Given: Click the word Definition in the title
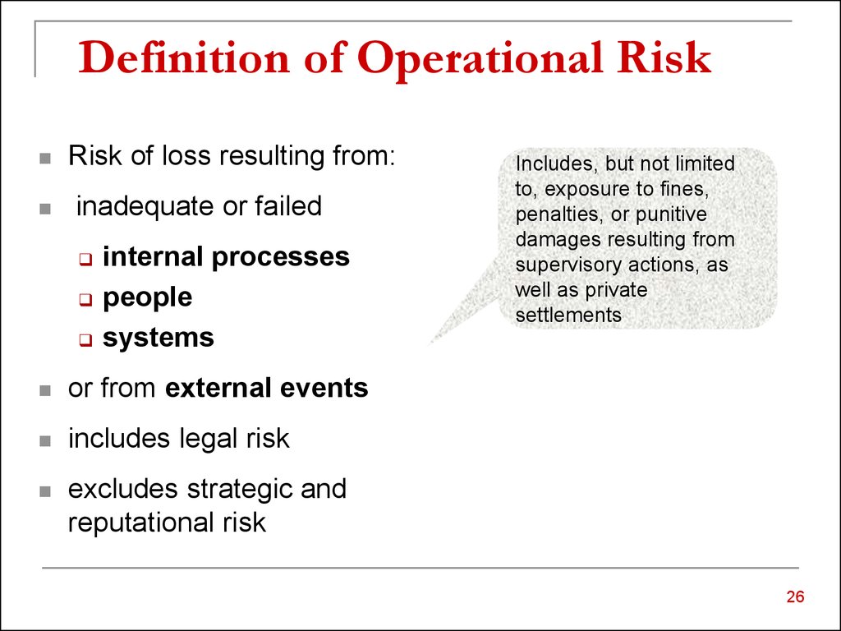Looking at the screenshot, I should (180, 59).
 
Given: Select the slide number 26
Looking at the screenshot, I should (794, 597).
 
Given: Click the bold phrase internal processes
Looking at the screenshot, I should (226, 256).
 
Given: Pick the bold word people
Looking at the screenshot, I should (147, 297).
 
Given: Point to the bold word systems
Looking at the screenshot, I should (158, 338).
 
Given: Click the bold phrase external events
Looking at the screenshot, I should (266, 388).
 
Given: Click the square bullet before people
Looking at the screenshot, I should (85, 300).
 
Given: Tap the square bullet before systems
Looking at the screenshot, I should (85, 340).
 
